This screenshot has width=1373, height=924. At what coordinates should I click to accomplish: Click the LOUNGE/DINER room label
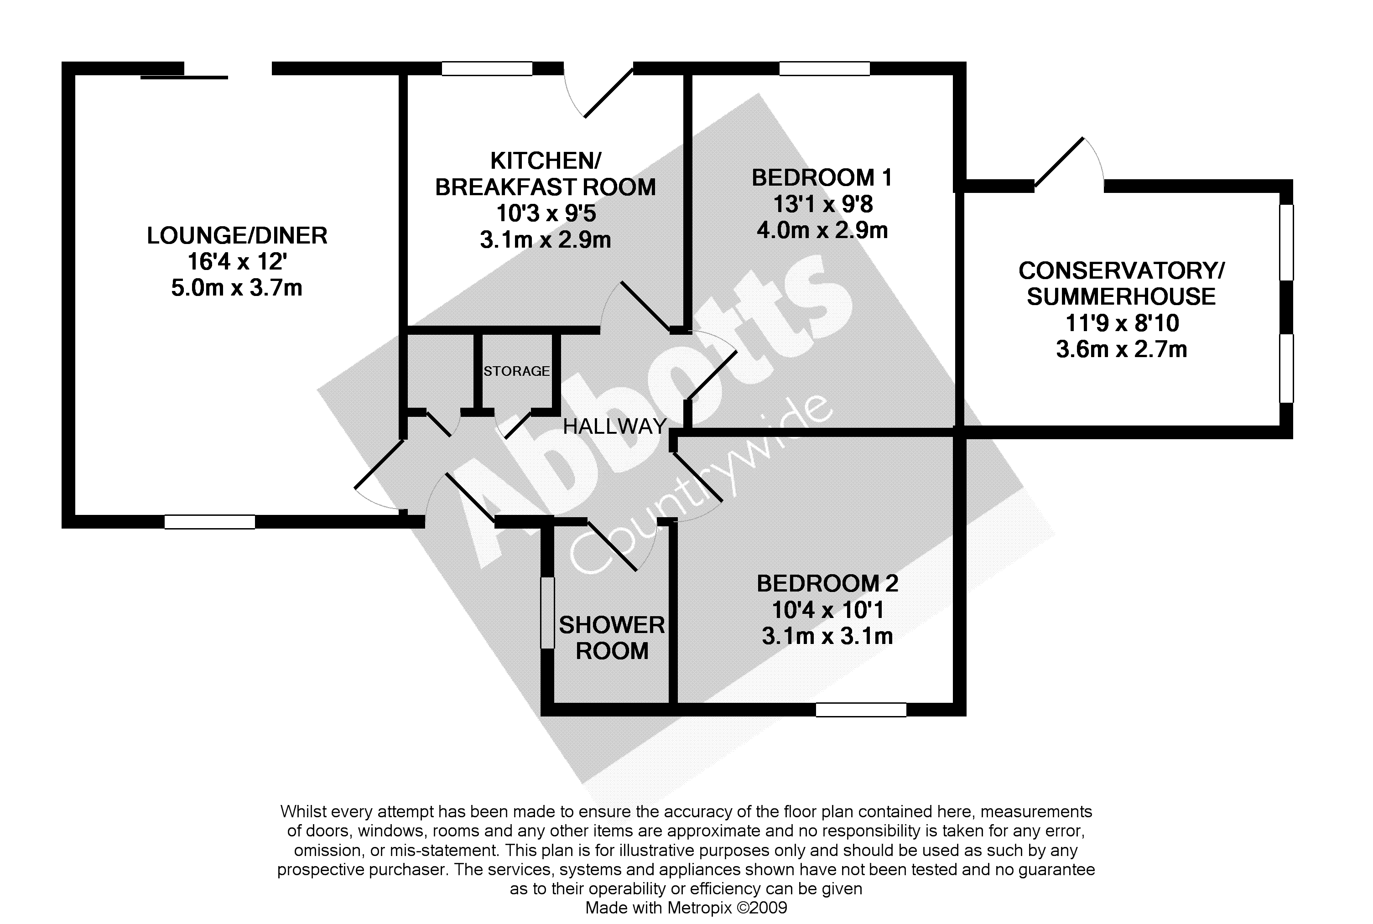point(237,236)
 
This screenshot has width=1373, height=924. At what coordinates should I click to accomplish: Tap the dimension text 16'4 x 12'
point(237,262)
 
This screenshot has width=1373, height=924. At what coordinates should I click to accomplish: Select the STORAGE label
point(516,371)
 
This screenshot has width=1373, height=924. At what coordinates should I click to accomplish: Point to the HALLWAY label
point(614,426)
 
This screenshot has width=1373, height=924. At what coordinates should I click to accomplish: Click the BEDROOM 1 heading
point(822,178)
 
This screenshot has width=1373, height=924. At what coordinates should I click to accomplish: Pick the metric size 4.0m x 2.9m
point(822,230)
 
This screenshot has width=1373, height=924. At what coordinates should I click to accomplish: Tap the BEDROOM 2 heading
point(827,583)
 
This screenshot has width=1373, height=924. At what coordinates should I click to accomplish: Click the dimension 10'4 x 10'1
point(827,610)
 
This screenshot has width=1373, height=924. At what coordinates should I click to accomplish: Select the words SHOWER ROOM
point(612,638)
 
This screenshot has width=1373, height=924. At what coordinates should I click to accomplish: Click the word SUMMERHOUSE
point(1121,296)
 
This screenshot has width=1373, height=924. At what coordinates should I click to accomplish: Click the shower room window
point(548,613)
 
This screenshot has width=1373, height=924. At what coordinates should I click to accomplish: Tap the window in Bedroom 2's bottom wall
point(861,710)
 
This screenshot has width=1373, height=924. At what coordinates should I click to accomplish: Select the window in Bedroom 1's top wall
point(824,69)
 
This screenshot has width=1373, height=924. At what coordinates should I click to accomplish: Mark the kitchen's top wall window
point(487,69)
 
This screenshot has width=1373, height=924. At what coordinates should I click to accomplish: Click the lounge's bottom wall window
point(209,522)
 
